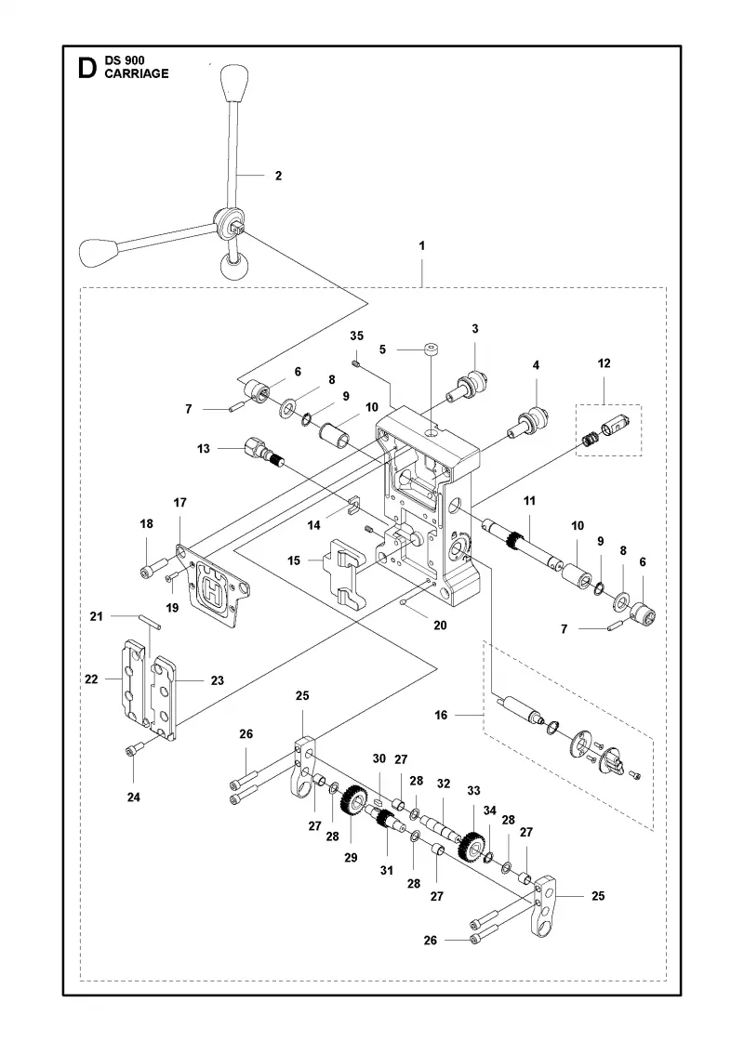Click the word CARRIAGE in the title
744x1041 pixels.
pos(136,73)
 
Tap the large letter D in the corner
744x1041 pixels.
pos(87,68)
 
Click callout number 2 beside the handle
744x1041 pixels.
pos(278,176)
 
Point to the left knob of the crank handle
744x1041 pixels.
pos(99,251)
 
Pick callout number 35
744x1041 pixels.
pos(357,336)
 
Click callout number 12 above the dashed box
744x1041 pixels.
pos(604,363)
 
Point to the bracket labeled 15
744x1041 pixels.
pos(348,573)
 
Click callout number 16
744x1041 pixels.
pos(441,715)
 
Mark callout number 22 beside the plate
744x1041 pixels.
pos(91,679)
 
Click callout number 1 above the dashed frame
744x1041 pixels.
pos(422,245)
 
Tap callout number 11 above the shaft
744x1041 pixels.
pos(529,501)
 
